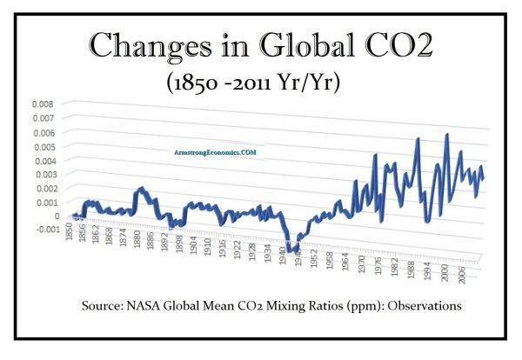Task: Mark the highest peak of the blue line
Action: click(447, 135)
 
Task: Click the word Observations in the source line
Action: click(424, 306)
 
